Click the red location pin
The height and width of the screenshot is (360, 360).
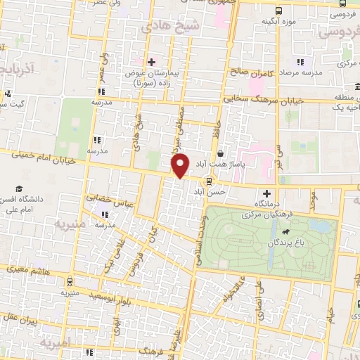pos(180,165)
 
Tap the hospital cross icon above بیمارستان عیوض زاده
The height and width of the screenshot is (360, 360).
pos(151,62)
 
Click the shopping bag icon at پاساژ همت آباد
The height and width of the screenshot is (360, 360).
pos(221,152)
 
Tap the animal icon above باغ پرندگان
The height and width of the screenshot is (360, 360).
pos(286,231)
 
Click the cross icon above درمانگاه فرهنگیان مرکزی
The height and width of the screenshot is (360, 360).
pos(266,193)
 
